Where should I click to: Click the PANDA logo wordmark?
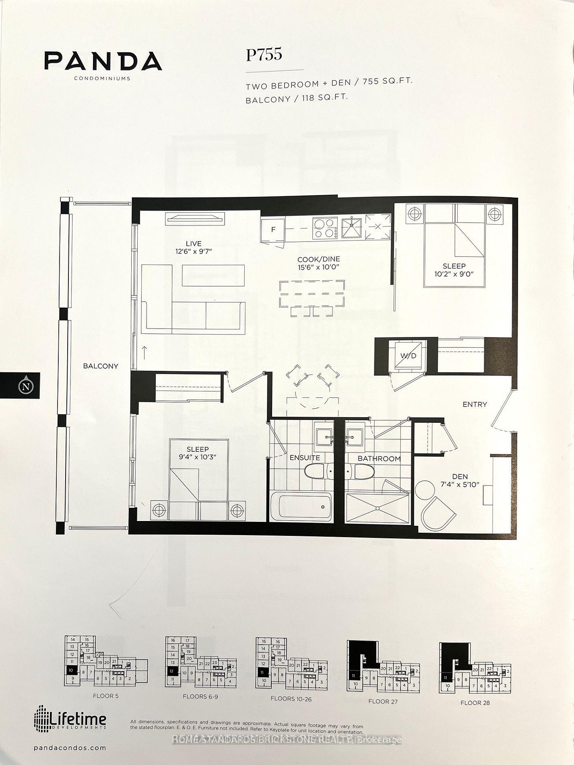point(103,61)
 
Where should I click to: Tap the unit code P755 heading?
point(264,55)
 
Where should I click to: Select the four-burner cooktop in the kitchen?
point(326,228)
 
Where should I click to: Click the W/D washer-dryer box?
point(408,356)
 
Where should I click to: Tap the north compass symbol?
point(26,387)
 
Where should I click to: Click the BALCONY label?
point(101,366)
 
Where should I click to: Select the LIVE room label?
point(193,244)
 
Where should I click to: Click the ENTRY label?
point(475,404)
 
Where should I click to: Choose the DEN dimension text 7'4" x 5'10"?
point(460,484)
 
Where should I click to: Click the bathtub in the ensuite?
point(305,507)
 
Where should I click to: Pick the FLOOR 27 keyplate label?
point(383,701)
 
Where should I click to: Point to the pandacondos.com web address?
point(70,748)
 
